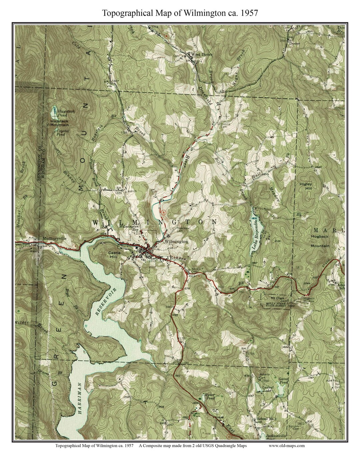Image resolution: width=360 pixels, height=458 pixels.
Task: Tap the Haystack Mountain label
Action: [x=60, y=123]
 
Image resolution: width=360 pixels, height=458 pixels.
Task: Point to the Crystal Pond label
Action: [x=61, y=133]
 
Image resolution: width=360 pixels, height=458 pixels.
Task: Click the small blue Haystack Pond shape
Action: [x=54, y=111]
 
